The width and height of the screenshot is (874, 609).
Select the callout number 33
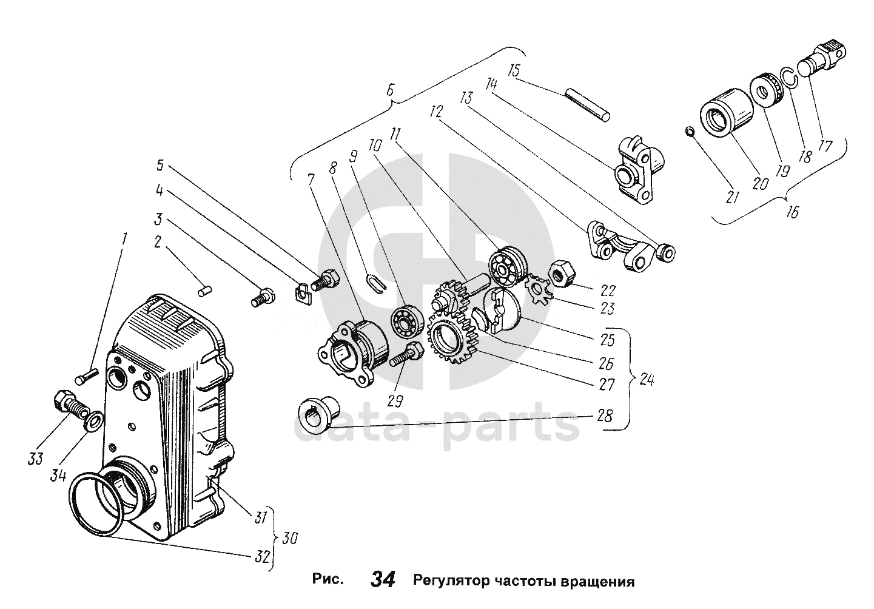coord(36,459)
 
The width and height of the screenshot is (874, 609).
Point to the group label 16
coord(792,212)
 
